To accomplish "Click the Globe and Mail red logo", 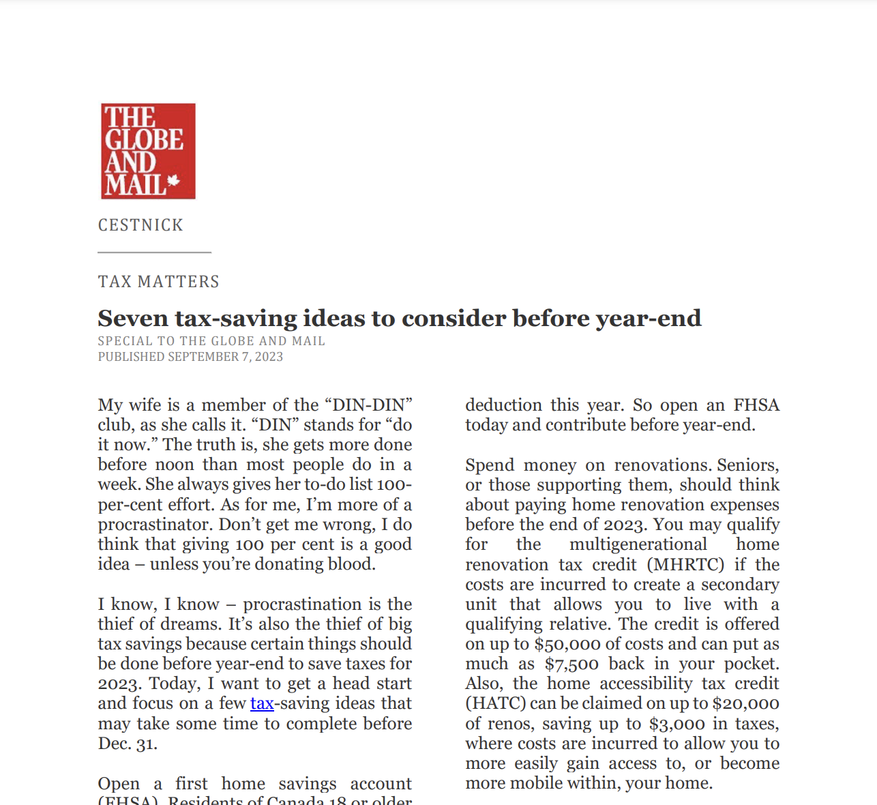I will (x=148, y=151).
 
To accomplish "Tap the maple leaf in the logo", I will (x=173, y=181).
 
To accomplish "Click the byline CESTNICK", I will (x=140, y=225).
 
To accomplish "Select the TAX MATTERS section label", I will (x=159, y=282).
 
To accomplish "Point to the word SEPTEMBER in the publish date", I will (x=203, y=357).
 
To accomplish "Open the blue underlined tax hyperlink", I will (x=262, y=703).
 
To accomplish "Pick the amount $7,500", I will (x=571, y=664).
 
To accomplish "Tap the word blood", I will (x=351, y=564).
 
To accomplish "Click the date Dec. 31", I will (x=128, y=744).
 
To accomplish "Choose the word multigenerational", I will (x=638, y=544).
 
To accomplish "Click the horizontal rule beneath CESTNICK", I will (x=155, y=252).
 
